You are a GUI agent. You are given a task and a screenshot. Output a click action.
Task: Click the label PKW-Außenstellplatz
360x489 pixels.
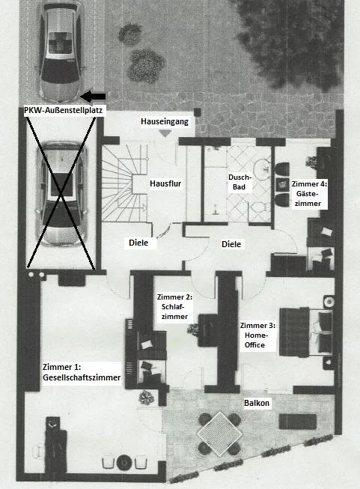(64, 110)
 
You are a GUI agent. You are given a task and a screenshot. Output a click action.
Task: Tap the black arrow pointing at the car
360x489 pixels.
(93, 97)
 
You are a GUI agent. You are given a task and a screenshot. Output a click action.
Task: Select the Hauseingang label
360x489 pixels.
(165, 121)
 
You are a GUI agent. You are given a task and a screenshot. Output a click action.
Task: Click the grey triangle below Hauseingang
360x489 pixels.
(165, 133)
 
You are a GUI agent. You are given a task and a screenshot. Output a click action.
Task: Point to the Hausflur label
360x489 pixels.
(165, 183)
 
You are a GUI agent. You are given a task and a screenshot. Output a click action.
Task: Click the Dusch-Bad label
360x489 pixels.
(240, 182)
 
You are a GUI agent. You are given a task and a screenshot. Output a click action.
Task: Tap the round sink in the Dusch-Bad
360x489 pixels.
(262, 168)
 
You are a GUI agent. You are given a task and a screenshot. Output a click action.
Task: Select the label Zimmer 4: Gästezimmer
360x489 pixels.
(309, 194)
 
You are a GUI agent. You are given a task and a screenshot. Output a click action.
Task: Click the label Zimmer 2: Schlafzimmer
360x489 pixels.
(174, 307)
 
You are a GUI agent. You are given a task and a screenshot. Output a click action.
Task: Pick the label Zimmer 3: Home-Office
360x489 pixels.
(257, 335)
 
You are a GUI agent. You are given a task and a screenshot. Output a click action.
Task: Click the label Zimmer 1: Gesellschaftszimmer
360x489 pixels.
(82, 372)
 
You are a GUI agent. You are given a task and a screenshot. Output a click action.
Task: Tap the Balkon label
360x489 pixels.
(257, 403)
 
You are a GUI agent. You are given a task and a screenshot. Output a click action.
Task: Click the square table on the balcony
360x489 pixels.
(220, 433)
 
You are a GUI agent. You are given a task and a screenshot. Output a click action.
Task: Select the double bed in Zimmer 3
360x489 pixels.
(306, 332)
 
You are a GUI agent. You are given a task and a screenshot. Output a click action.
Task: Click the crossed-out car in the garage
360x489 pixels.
(61, 193)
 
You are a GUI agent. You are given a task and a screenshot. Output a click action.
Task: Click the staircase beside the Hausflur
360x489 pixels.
(125, 183)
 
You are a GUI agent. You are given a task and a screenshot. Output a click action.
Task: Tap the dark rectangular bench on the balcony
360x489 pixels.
(298, 422)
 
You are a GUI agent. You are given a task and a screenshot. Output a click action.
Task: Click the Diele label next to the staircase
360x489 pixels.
(138, 243)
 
